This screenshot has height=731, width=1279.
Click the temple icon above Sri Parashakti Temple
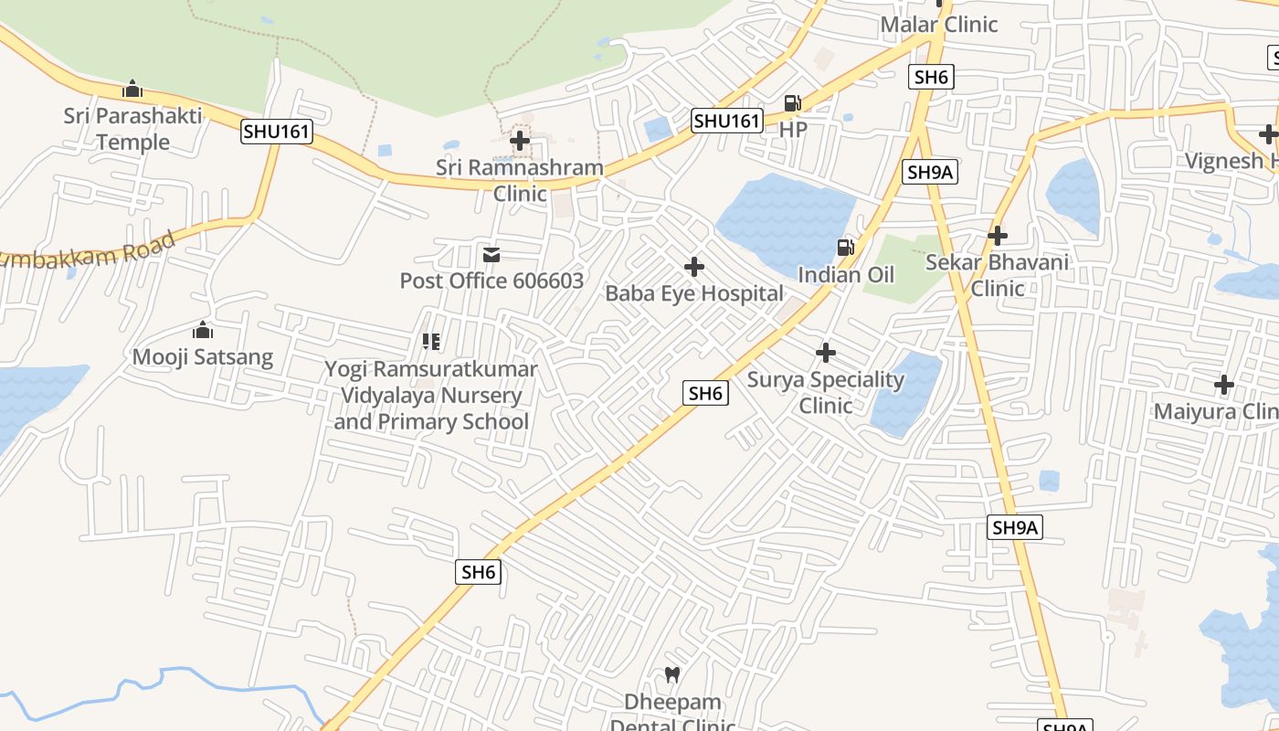pyautogui.click(x=132, y=90)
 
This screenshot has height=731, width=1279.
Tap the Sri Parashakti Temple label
pyautogui.click(x=117, y=129)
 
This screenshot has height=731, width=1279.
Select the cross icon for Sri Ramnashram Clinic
pyautogui.click(x=520, y=141)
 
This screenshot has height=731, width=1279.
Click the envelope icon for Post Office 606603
pyautogui.click(x=492, y=254)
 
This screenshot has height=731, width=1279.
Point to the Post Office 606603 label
pyautogui.click(x=492, y=281)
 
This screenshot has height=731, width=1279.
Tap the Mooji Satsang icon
pyautogui.click(x=203, y=330)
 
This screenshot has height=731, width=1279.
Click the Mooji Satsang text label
pyautogui.click(x=203, y=356)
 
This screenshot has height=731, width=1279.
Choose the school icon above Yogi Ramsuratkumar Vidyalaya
pyautogui.click(x=431, y=342)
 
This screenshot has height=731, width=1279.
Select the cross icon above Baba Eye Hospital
pyautogui.click(x=694, y=267)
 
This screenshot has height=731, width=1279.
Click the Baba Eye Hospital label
pyautogui.click(x=694, y=293)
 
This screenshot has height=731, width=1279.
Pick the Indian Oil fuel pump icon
pyautogui.click(x=846, y=247)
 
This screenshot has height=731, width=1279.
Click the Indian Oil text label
pyautogui.click(x=846, y=274)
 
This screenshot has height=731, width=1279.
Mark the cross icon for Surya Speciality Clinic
pyautogui.click(x=826, y=352)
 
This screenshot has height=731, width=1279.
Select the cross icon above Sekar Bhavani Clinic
pyautogui.click(x=998, y=236)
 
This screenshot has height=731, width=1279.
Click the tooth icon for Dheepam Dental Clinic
pyautogui.click(x=672, y=675)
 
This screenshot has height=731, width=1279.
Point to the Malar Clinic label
pyautogui.click(x=939, y=25)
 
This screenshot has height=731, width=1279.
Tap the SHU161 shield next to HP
pyautogui.click(x=727, y=121)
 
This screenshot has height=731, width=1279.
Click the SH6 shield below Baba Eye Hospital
pyautogui.click(x=706, y=394)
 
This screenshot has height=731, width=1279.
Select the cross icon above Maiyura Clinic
pyautogui.click(x=1224, y=385)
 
